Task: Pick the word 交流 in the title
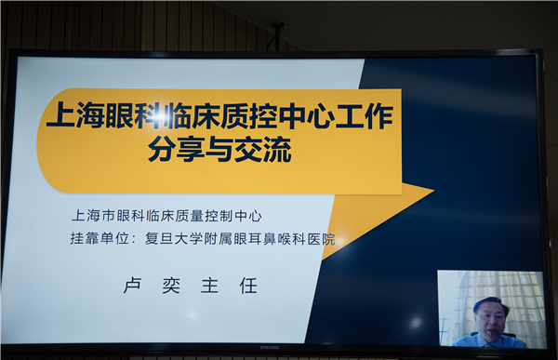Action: coord(269,150)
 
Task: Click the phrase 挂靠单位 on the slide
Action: coord(101,239)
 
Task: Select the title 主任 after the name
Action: coord(228,286)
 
